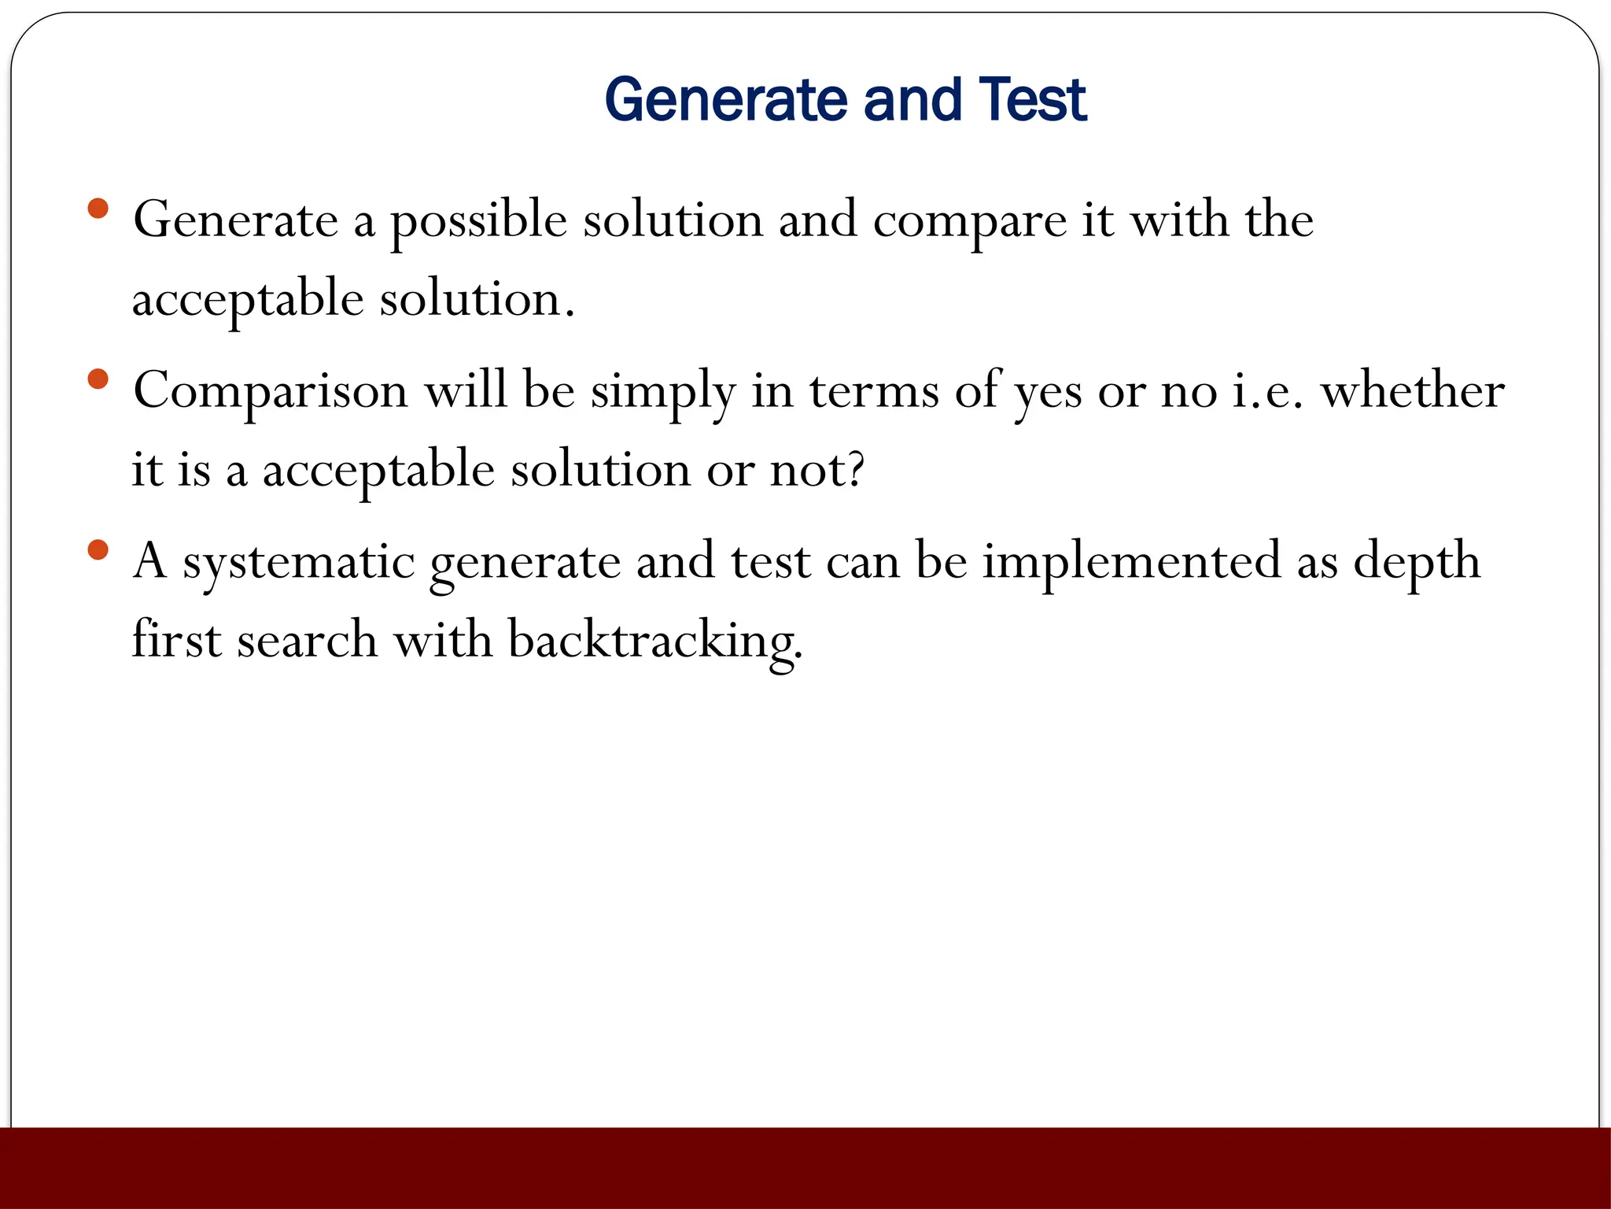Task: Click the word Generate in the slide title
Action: (726, 100)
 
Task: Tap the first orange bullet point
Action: (98, 209)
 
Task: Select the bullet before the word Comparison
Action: (98, 379)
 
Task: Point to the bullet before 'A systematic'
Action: (98, 549)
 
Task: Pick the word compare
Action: (969, 222)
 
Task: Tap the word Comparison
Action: (271, 391)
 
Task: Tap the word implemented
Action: (1131, 561)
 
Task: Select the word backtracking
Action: (654, 641)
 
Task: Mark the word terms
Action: (874, 391)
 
